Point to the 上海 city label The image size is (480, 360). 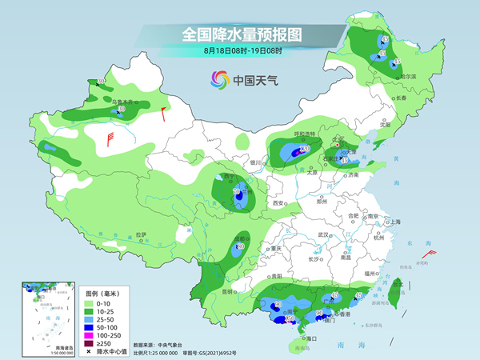(x=392, y=222)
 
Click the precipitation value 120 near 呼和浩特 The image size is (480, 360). (x=305, y=150)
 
